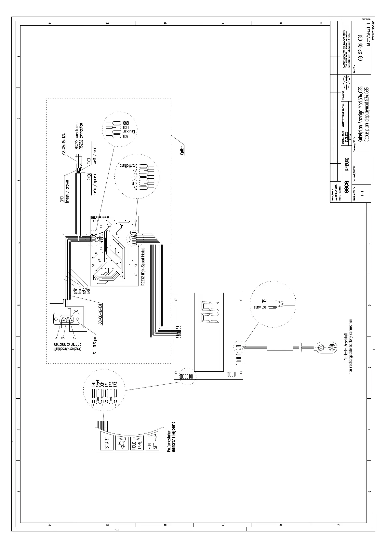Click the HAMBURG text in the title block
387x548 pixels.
(x=347, y=165)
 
